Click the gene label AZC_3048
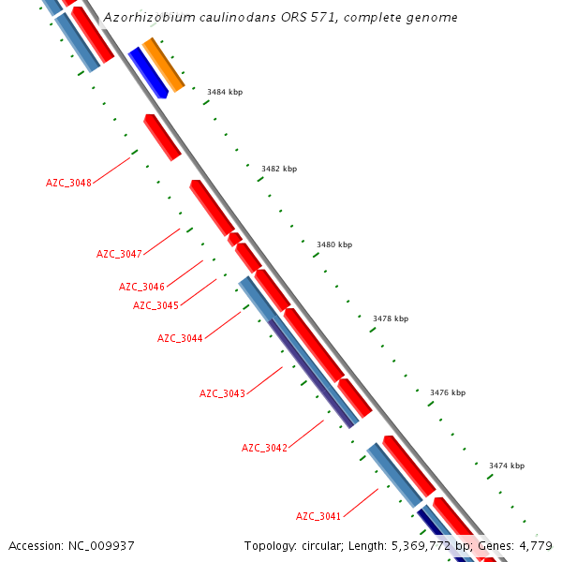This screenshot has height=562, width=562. (x=68, y=183)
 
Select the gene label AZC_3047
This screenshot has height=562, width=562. (x=119, y=254)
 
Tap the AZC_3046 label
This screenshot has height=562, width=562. (x=141, y=287)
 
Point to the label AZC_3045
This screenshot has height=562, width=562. (x=155, y=305)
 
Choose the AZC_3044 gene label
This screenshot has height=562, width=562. (x=180, y=338)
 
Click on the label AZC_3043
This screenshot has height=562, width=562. (x=222, y=393)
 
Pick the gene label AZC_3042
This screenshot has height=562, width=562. (x=264, y=448)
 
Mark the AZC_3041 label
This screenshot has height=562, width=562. (x=318, y=516)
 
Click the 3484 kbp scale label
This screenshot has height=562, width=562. (x=225, y=92)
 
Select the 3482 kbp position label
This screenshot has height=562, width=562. (x=279, y=169)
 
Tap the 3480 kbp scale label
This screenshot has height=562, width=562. (x=334, y=244)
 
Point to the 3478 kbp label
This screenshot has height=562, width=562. (x=391, y=318)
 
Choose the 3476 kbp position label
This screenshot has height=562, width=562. (x=448, y=392)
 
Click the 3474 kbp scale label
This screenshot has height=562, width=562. (x=507, y=466)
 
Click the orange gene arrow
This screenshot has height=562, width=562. (x=162, y=65)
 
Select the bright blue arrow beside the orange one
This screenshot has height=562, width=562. (x=147, y=72)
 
